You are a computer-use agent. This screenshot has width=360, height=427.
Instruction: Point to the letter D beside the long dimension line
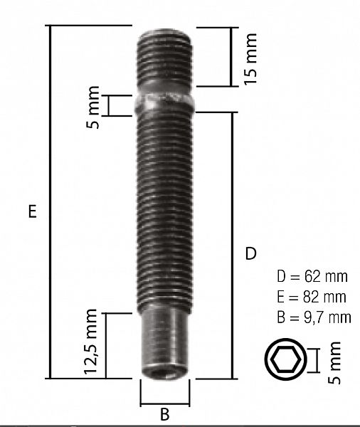pyautogui.click(x=250, y=253)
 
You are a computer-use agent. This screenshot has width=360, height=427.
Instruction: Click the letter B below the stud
pyautogui.click(x=164, y=413)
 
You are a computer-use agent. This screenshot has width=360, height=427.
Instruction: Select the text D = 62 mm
pyautogui.click(x=312, y=275)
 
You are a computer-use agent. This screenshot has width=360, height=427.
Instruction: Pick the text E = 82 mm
pyautogui.click(x=312, y=295)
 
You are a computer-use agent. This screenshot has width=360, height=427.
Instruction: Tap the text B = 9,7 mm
pyautogui.click(x=312, y=315)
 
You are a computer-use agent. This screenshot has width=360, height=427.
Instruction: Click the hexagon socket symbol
pyautogui.click(x=284, y=361)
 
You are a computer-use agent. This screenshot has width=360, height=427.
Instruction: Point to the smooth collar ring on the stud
pyautogui.click(x=165, y=104)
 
